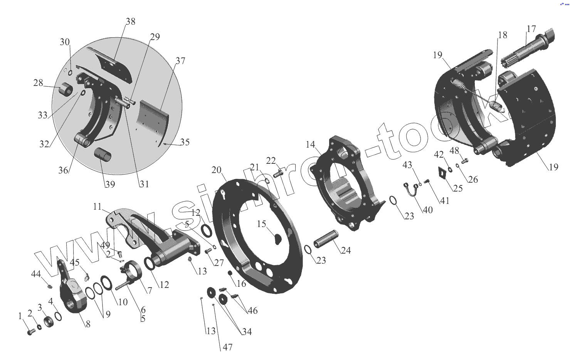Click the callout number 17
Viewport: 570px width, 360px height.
pyautogui.click(x=531, y=29)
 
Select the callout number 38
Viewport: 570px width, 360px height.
pyautogui.click(x=131, y=21)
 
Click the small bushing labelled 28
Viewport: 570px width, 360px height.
pyautogui.click(x=66, y=90)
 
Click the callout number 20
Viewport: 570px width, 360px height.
pyautogui.click(x=217, y=170)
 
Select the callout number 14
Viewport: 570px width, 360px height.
pyautogui.click(x=311, y=145)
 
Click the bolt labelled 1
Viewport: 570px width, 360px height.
pyautogui.click(x=30, y=331)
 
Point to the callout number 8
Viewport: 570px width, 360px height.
pyautogui.click(x=88, y=324)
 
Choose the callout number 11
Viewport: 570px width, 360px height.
pyautogui.click(x=97, y=207)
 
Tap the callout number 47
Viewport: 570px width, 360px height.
pyautogui.click(x=228, y=347)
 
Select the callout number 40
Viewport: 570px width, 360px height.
pyautogui.click(x=428, y=210)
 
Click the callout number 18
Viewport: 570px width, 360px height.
pyautogui.click(x=503, y=35)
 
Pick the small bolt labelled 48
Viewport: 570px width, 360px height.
pyautogui.click(x=464, y=160)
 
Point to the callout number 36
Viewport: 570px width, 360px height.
pyautogui.click(x=63, y=170)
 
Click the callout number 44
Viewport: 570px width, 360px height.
pyautogui.click(x=36, y=274)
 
